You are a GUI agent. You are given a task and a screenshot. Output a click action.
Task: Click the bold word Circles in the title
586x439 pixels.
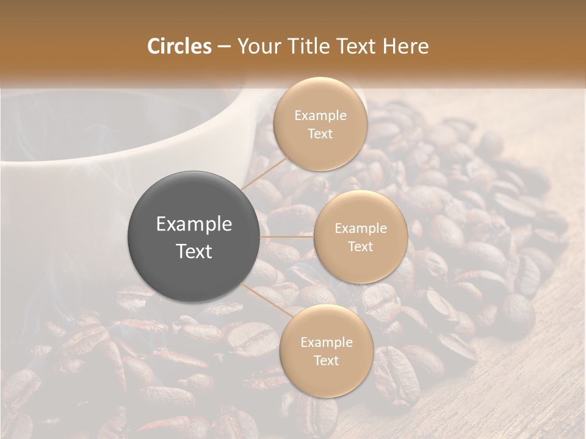pyautogui.click(x=179, y=46)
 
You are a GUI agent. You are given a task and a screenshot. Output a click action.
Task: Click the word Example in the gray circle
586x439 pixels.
pyautogui.click(x=194, y=224)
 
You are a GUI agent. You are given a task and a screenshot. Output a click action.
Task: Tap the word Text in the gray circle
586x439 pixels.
pyautogui.click(x=194, y=251)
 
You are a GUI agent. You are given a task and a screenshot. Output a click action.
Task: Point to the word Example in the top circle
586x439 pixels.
pyautogui.click(x=320, y=115)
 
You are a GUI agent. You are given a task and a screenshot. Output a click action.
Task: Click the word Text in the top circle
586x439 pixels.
pyautogui.click(x=320, y=134)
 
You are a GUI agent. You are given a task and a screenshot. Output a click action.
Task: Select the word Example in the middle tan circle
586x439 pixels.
pyautogui.click(x=361, y=228)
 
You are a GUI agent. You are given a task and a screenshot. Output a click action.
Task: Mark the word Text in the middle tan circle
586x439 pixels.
pyautogui.click(x=360, y=246)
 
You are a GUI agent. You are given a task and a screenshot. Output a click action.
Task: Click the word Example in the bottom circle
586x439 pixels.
pyautogui.click(x=327, y=342)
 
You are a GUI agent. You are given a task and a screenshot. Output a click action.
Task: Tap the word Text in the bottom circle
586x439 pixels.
pyautogui.click(x=326, y=360)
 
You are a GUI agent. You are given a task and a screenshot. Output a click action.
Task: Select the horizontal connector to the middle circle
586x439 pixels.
pyautogui.click(x=287, y=237)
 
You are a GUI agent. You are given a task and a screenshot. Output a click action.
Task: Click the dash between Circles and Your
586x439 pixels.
pyautogui.click(x=223, y=47)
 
